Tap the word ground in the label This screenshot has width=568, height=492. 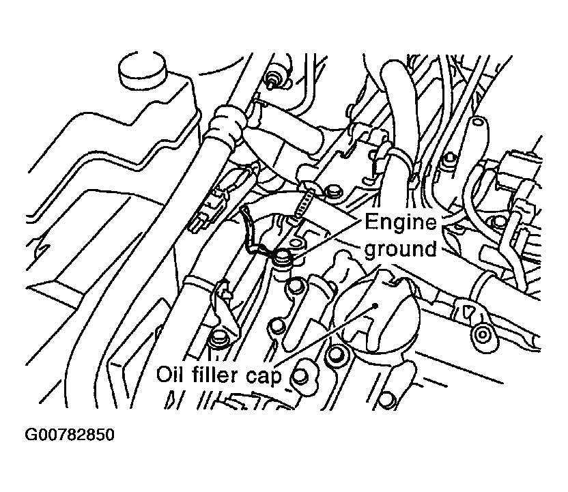(400, 249)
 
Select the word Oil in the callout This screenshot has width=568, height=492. (171, 375)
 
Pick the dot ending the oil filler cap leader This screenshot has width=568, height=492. (374, 307)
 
